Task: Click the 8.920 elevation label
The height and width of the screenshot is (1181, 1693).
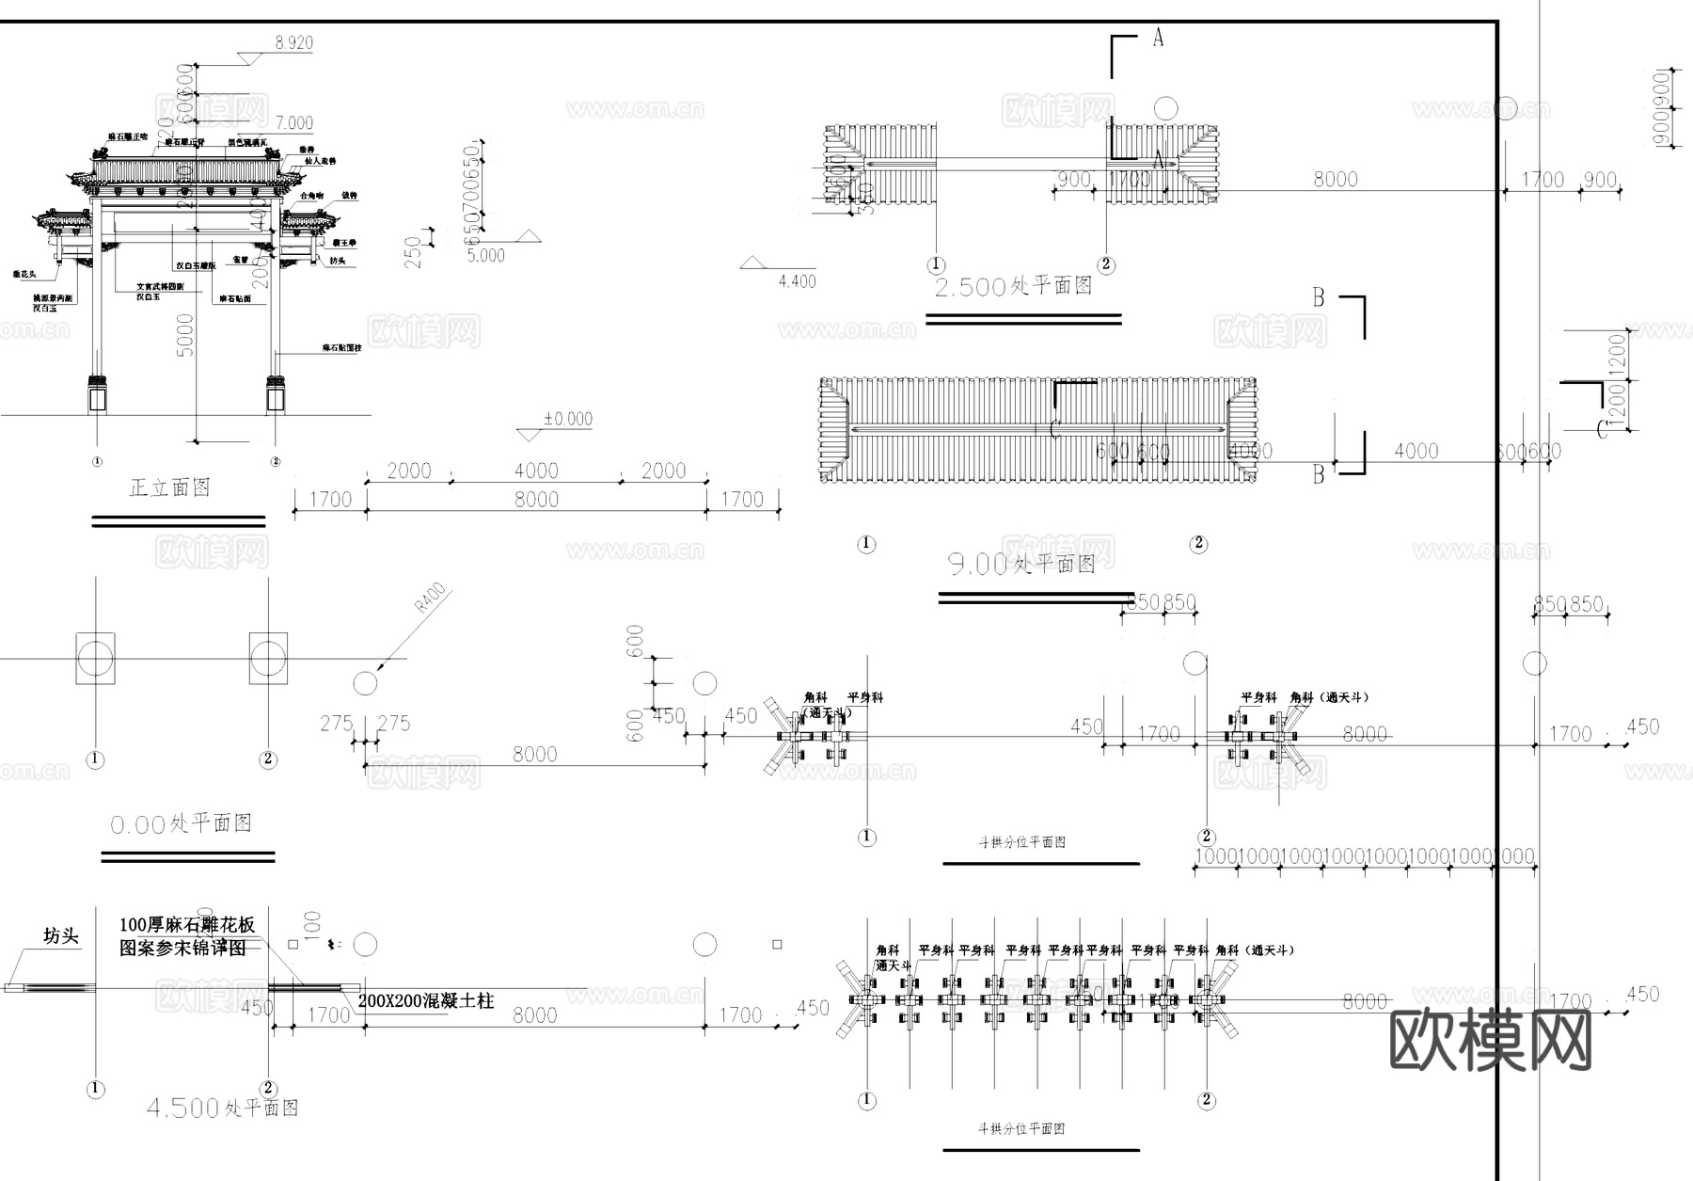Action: [293, 42]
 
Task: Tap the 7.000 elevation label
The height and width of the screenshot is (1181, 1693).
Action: [294, 122]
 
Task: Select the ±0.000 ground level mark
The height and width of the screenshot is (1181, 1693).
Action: [568, 419]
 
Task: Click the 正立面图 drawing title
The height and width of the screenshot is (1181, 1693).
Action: [169, 487]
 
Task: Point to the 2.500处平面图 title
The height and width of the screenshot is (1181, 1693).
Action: [1013, 286]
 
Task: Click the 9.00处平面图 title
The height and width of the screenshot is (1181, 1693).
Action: [1021, 564]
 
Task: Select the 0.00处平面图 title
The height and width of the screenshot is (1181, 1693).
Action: [181, 823]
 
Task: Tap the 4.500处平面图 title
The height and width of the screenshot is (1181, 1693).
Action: [222, 1108]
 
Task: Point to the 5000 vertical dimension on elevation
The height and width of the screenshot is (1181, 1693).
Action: [185, 334]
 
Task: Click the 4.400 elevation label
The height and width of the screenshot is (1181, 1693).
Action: [797, 280]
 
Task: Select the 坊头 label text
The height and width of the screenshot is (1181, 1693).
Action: [61, 935]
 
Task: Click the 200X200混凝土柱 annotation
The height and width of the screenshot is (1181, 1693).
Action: [425, 1000]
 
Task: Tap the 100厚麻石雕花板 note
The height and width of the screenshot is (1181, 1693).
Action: [187, 924]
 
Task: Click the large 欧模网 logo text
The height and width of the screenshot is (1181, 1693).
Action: [1490, 1041]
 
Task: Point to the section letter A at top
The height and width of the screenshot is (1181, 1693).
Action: [1158, 38]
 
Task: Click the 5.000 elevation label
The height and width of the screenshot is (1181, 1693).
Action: [486, 255]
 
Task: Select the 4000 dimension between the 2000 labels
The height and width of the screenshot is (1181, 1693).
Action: [536, 470]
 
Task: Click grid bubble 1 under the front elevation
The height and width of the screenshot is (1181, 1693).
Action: [97, 461]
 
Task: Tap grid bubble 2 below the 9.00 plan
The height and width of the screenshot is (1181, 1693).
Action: [1197, 543]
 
